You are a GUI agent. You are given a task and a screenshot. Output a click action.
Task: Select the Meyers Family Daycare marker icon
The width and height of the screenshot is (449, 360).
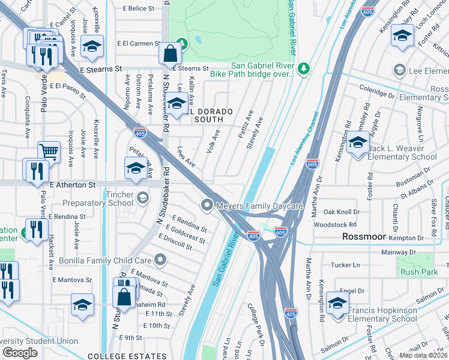208,206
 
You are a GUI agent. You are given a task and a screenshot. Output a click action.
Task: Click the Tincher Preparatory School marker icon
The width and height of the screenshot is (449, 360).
142,197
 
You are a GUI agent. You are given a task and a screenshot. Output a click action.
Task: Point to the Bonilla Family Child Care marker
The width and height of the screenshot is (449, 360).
160,260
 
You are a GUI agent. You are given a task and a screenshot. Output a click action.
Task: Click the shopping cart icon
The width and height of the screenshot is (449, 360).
49,151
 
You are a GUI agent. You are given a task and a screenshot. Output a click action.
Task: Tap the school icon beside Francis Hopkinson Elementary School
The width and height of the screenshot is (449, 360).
337,303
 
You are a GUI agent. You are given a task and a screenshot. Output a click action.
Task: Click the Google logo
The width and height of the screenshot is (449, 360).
20,353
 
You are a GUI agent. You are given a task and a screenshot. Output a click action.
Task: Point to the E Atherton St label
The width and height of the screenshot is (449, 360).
73,185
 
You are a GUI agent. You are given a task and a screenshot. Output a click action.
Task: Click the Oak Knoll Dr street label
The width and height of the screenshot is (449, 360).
342,212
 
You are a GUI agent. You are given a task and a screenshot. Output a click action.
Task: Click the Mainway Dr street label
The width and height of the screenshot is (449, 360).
399,252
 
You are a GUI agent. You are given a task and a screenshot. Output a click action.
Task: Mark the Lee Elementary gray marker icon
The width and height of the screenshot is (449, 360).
399,71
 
